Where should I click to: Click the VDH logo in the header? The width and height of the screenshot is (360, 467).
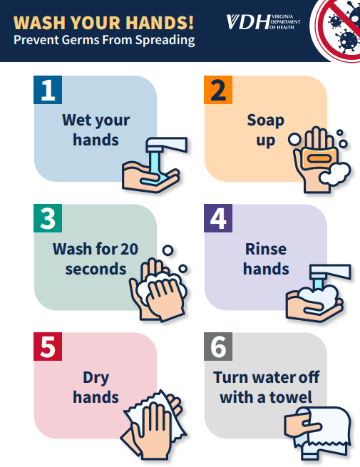[263, 22]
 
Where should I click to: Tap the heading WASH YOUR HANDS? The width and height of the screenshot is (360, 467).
[103, 23]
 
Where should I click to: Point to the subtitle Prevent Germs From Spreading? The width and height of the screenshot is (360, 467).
[104, 40]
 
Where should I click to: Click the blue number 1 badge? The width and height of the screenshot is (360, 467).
[48, 90]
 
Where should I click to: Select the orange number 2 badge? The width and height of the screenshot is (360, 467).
[218, 90]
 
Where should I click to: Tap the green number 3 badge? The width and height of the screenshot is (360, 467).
[48, 218]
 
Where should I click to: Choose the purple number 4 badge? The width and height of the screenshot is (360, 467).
[218, 218]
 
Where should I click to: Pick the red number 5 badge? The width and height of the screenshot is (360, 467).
[48, 347]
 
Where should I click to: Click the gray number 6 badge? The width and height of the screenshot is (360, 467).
[218, 347]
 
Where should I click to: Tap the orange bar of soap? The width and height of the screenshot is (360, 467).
[320, 158]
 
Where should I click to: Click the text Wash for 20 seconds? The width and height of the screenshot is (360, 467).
[96, 259]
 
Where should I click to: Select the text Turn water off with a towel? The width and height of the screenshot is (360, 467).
[266, 387]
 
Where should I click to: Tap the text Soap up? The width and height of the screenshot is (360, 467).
[266, 130]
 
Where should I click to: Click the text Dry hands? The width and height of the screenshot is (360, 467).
[96, 387]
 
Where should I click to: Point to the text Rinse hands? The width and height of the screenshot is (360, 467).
[266, 259]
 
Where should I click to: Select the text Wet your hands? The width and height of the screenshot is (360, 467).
[96, 130]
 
